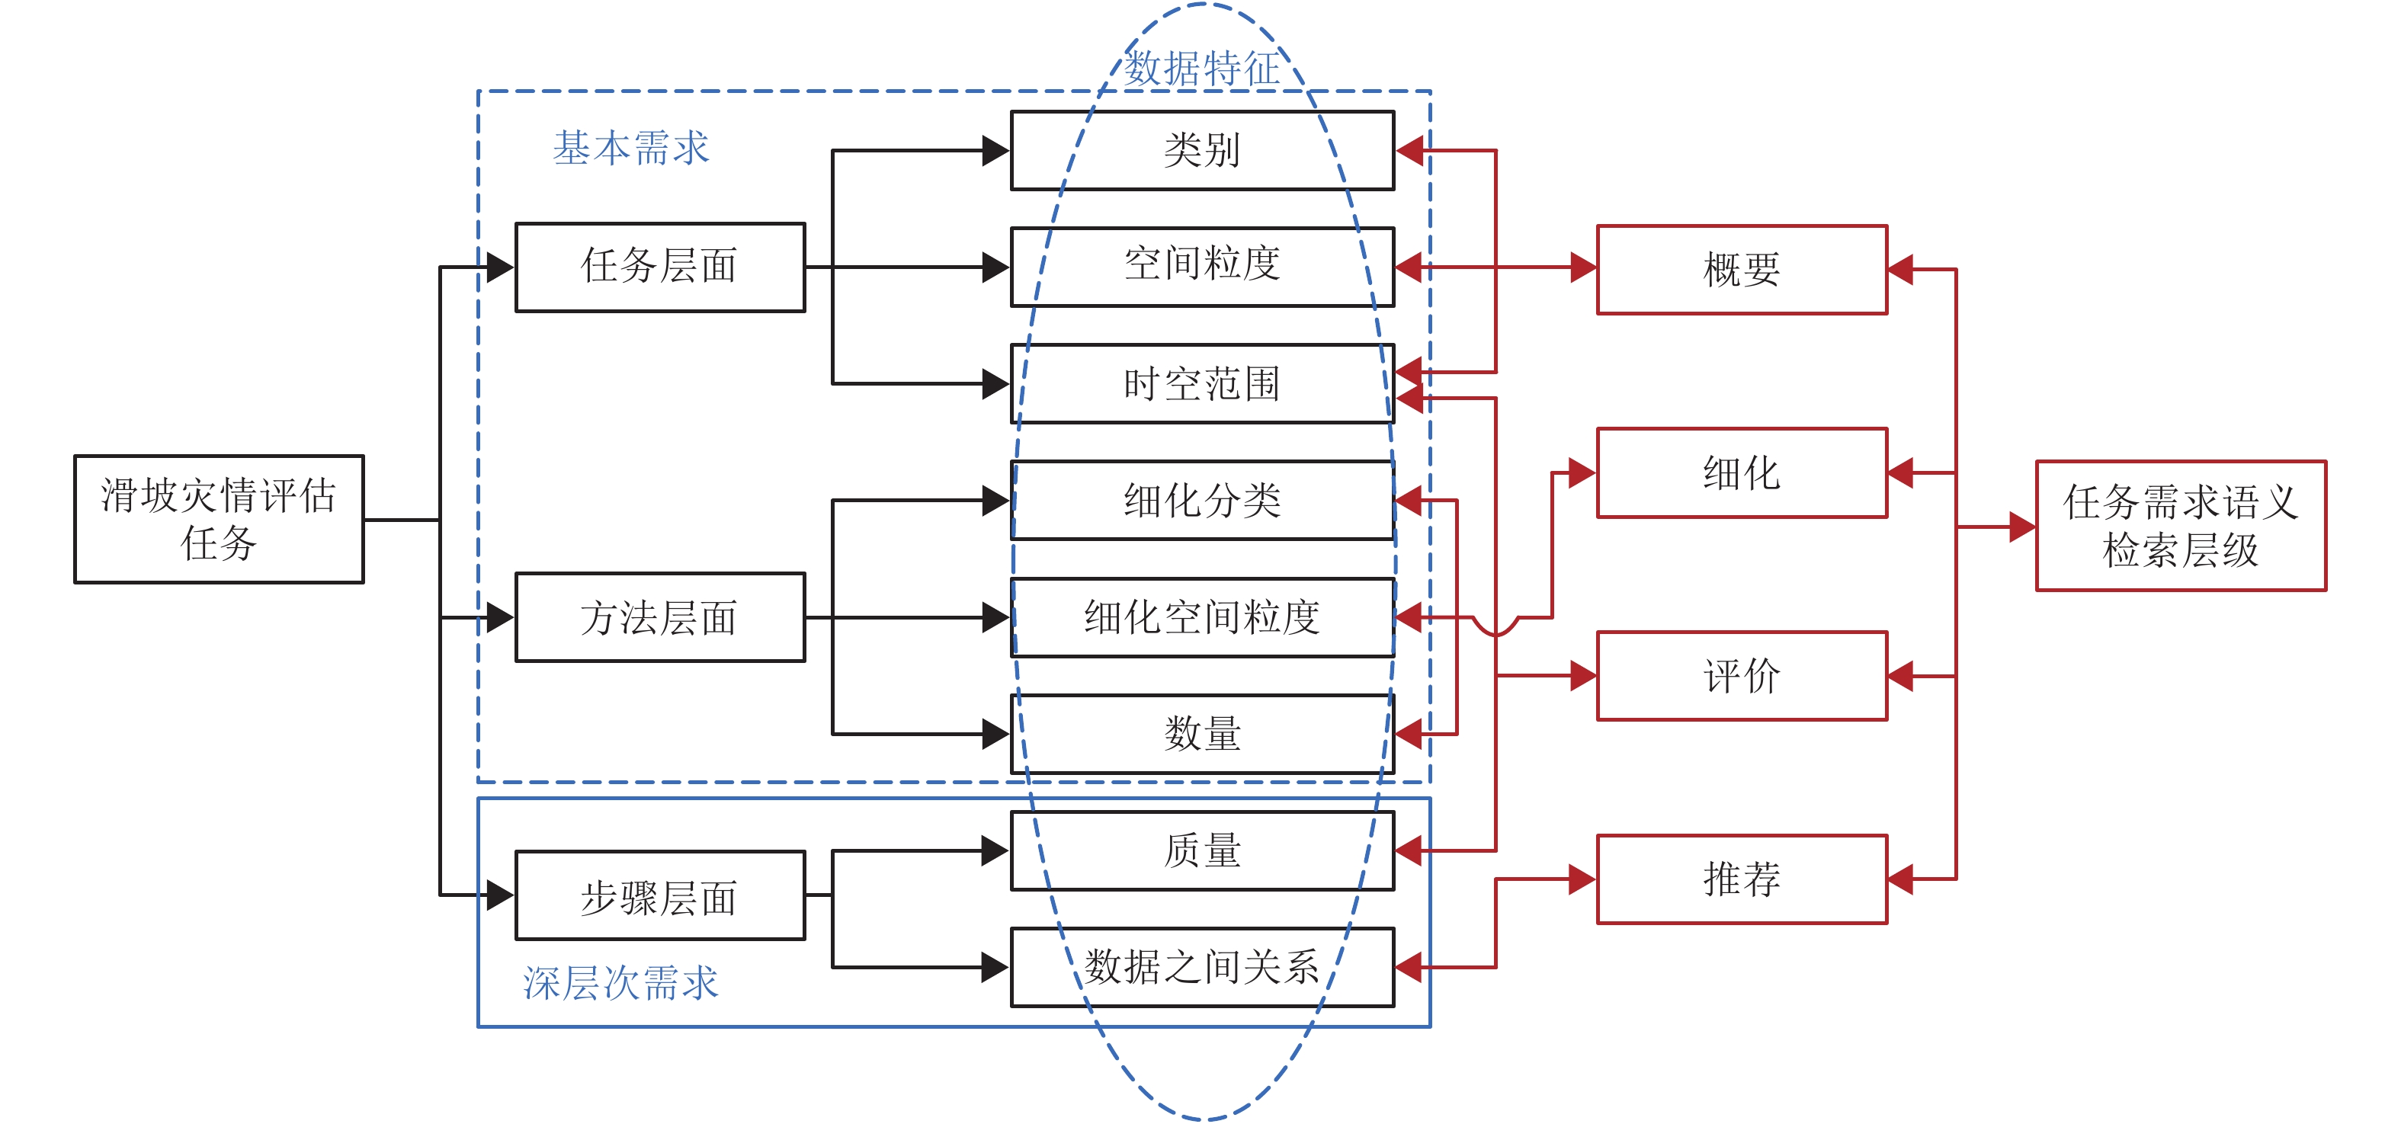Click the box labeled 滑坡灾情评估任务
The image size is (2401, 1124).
(219, 519)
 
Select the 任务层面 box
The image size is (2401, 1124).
(660, 267)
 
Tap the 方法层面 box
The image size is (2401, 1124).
(660, 617)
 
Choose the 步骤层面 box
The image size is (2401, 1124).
(660, 895)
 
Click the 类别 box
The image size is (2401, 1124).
(1202, 150)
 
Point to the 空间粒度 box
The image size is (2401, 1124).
(1202, 267)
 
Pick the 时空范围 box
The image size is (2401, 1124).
(1202, 383)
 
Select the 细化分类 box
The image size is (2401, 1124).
(1202, 501)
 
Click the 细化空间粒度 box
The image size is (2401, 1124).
(1202, 617)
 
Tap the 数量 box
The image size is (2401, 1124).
(1202, 734)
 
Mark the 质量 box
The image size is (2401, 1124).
(1202, 850)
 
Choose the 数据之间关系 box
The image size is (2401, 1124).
(1202, 966)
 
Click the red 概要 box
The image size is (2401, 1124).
(1741, 269)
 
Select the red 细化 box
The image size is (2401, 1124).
(1741, 472)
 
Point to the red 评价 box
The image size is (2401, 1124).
(1741, 676)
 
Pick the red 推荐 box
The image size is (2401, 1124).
(1741, 879)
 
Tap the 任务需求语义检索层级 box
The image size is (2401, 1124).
(2180, 526)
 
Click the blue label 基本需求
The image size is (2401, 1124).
(631, 148)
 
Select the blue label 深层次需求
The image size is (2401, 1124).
(620, 983)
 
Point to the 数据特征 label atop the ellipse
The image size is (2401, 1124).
(1202, 68)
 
